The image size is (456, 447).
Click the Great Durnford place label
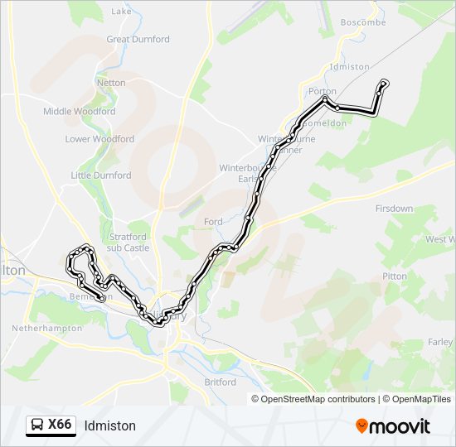pos(138,39)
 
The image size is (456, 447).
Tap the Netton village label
pos(111,83)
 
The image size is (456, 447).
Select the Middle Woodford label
pos(79,111)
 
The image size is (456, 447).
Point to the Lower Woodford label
pos(99,139)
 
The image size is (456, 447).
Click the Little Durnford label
pos(101,175)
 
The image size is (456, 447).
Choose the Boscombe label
pos(363,22)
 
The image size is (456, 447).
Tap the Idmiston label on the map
pos(349,66)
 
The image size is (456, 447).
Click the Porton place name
pos(322,91)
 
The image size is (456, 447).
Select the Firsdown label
pos(394,209)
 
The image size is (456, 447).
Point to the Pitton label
pos(395,276)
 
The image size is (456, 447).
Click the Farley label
pos(440,342)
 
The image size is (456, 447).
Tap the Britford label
pos(220,382)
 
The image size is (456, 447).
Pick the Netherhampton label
pos(46,328)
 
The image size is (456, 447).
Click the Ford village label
pos(213,222)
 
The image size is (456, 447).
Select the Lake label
pos(121,12)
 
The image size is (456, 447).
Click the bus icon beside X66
pos(37,425)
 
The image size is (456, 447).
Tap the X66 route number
pos(60,425)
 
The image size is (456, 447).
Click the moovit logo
pos(393,426)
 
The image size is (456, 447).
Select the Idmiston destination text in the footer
pos(109,426)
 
